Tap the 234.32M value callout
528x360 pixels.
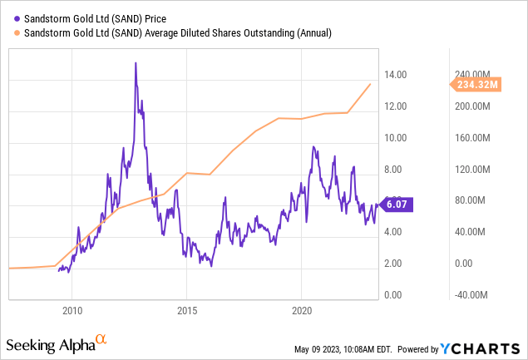[x=476, y=84]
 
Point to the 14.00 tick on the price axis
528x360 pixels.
[x=395, y=75]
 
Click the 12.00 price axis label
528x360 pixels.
[x=395, y=106]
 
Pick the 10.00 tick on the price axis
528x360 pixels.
[x=395, y=138]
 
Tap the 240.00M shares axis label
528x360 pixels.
[x=473, y=75]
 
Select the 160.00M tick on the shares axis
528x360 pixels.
[x=473, y=138]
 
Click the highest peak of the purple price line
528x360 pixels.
[x=135, y=63]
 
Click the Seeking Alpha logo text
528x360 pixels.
[x=48, y=344]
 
